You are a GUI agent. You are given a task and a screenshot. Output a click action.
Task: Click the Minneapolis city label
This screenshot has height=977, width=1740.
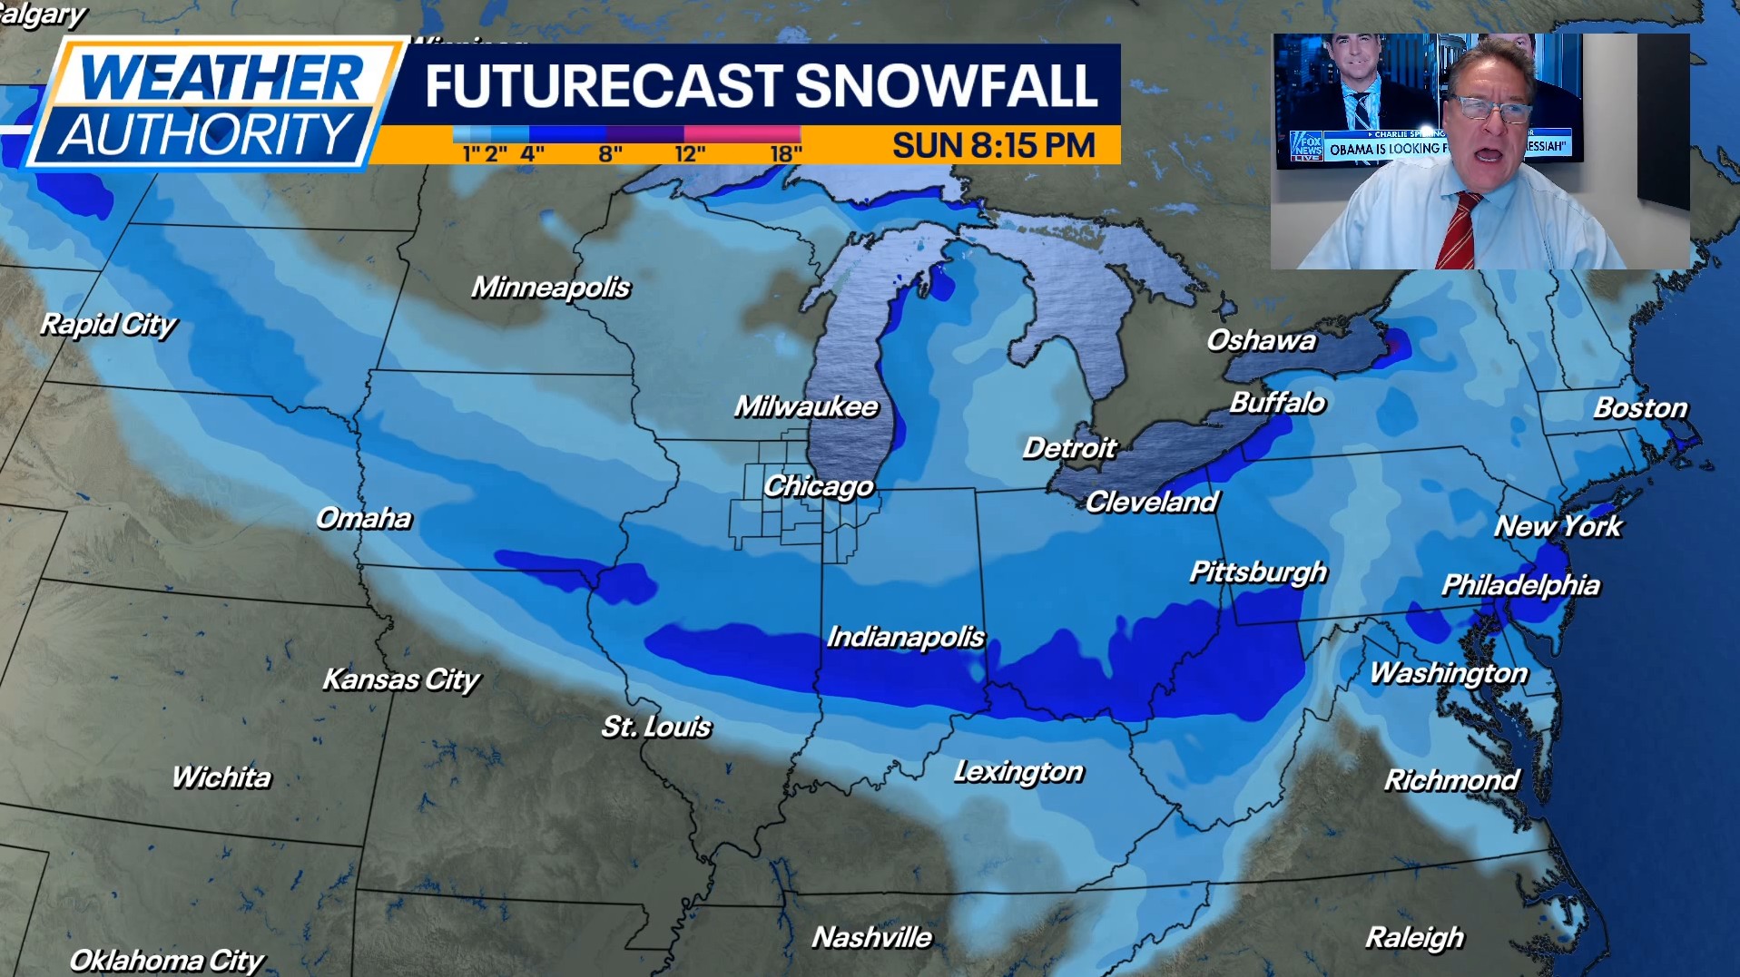pos(550,288)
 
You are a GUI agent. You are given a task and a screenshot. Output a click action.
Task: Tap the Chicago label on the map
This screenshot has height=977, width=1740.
pos(818,486)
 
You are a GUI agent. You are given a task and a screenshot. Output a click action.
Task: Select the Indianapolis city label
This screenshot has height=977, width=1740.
pos(905,637)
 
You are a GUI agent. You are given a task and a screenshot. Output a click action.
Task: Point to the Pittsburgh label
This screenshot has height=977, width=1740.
pos(1258,572)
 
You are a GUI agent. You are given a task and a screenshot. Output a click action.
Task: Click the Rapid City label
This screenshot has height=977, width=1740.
pos(108,325)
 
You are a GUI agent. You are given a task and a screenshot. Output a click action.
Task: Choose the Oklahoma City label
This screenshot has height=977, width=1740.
pos(166,960)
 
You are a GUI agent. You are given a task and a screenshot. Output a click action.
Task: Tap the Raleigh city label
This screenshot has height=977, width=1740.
pos(1414,937)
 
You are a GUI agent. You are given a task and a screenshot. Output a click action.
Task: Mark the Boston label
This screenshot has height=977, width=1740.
pos(1640,408)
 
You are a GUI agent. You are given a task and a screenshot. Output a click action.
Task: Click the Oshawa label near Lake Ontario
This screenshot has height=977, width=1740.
pos(1261,340)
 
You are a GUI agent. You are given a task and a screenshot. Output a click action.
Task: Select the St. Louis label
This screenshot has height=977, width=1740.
pos(656,727)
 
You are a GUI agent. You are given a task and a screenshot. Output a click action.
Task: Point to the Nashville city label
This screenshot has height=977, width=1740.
pos(871,937)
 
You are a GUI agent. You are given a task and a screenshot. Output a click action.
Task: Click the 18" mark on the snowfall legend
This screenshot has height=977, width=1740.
pos(786,154)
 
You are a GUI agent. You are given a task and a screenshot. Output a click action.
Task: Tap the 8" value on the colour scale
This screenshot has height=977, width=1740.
pos(611,154)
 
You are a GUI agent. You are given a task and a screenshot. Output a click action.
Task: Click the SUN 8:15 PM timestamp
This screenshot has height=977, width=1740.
pos(994,145)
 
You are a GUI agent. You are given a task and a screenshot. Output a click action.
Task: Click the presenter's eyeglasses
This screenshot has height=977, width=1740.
pos(1489,110)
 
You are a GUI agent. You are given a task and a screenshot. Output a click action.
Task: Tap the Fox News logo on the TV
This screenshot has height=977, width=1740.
pos(1306,146)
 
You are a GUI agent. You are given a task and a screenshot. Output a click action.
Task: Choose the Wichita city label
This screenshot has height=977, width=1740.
pos(221,777)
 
